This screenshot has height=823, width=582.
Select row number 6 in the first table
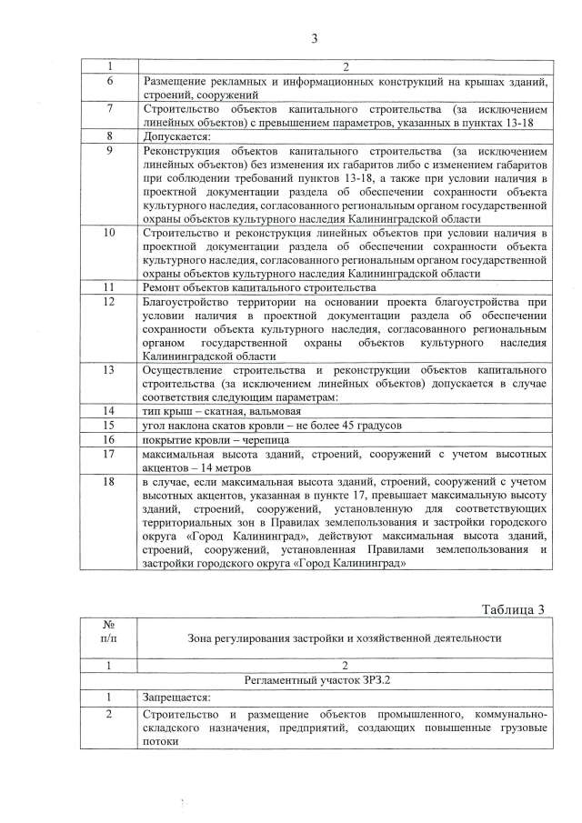(109, 82)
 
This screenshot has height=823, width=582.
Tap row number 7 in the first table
(109, 108)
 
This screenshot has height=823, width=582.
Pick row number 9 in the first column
(109, 150)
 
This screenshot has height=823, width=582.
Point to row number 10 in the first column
(109, 233)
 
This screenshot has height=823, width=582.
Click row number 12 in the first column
(109, 300)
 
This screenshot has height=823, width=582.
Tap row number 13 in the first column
(109, 369)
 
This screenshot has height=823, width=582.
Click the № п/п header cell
(109, 637)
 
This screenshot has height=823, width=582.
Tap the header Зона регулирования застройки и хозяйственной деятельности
(345, 637)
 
